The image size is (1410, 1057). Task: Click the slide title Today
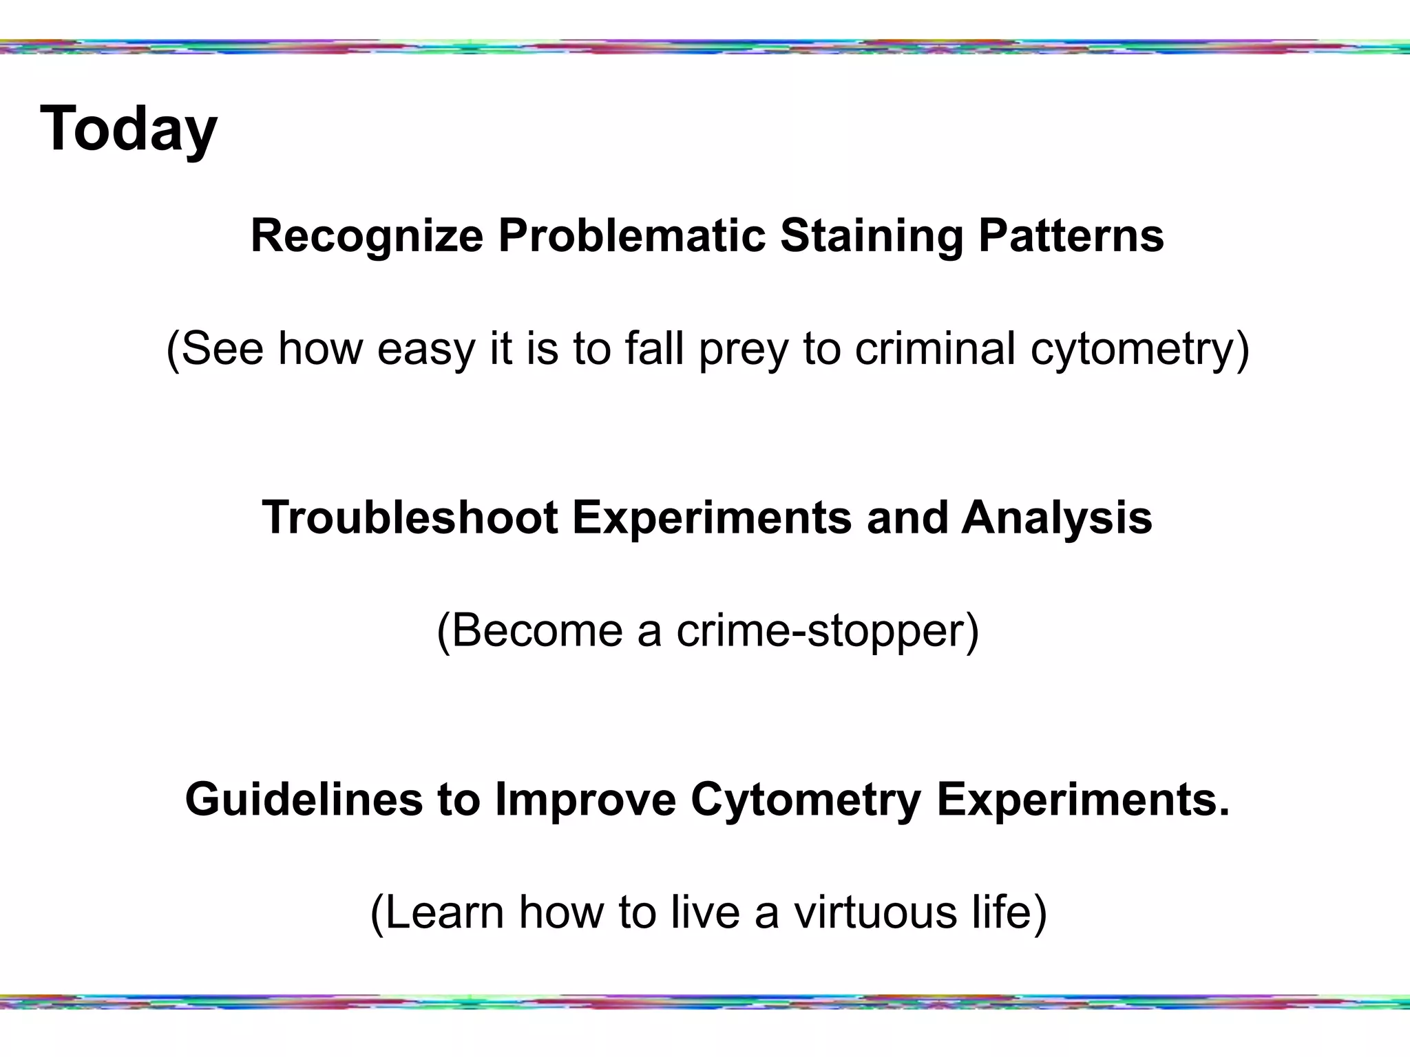coord(129,129)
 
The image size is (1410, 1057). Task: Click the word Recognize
coord(367,236)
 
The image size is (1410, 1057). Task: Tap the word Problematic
coord(631,236)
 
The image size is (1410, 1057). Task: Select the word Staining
coord(871,236)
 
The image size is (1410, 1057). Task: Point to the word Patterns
coord(1071,236)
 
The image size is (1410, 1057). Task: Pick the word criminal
coord(934,348)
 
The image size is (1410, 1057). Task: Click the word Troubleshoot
coord(410,517)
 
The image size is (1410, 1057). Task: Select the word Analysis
coord(1057,517)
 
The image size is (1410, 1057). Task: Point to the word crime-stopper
coord(826,630)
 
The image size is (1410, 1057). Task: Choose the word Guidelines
coord(304,800)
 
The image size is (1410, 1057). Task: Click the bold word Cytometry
coord(806,800)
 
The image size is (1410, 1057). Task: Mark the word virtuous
coord(875,912)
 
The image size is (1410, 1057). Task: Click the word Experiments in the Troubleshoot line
coord(712,517)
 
